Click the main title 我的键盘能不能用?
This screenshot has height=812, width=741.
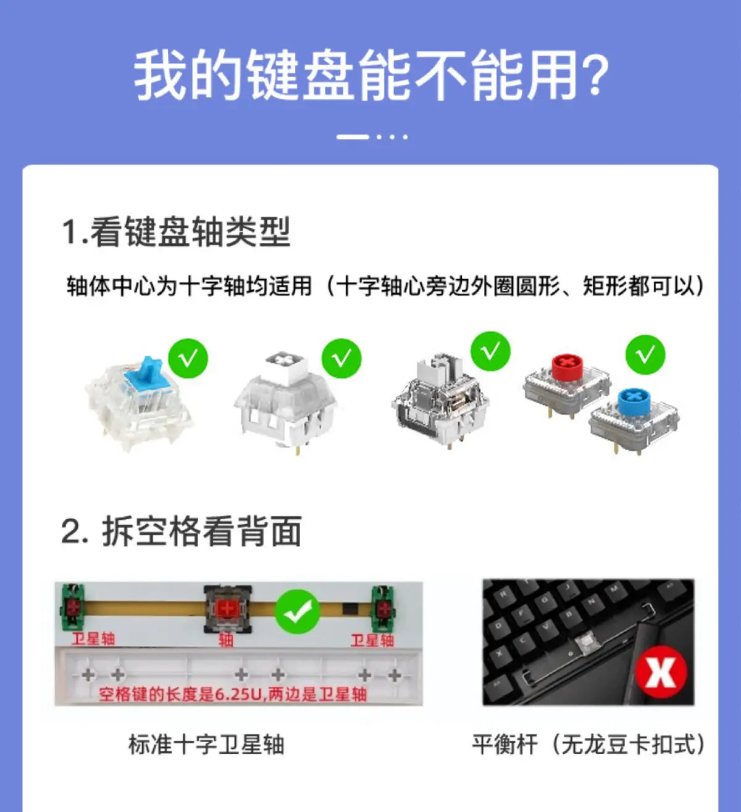(371, 75)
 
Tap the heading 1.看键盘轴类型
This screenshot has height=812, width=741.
(176, 232)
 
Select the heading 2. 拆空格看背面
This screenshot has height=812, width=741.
(182, 531)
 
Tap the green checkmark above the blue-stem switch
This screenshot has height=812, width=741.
(188, 358)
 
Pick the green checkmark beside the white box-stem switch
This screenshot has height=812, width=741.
(341, 358)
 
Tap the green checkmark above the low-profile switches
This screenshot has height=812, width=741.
(645, 354)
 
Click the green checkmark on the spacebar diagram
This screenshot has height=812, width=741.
(298, 611)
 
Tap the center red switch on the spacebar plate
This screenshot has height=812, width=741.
(227, 609)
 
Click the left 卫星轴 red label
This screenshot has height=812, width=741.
(93, 638)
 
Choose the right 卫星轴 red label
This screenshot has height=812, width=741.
(372, 640)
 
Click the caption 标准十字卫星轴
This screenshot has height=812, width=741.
(206, 744)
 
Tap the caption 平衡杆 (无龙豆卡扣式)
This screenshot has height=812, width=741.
(588, 744)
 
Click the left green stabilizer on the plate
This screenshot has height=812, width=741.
(72, 608)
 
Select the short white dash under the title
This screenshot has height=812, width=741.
(353, 136)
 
